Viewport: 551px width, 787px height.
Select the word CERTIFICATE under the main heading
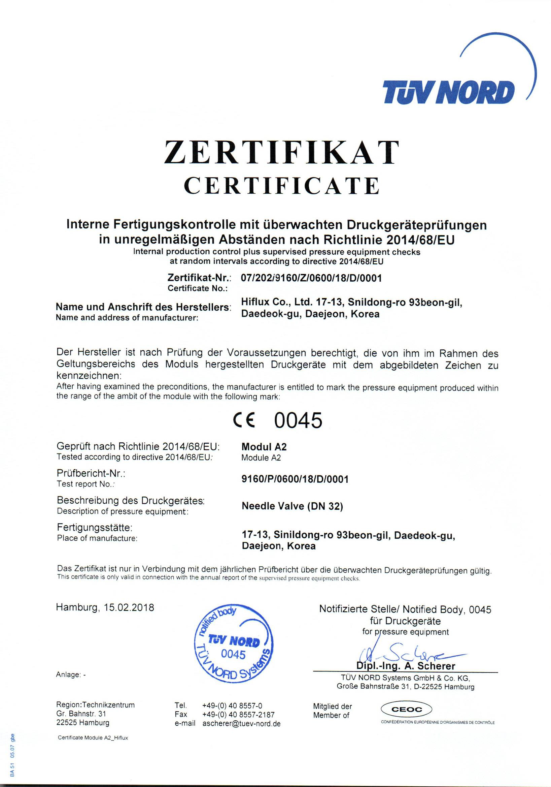click(281, 185)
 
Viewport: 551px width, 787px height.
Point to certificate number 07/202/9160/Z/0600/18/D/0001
click(311, 278)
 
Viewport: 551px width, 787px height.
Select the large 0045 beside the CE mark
click(299, 420)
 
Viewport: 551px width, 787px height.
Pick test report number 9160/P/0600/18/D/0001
click(295, 479)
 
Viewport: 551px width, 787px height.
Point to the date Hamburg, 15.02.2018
click(105, 608)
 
